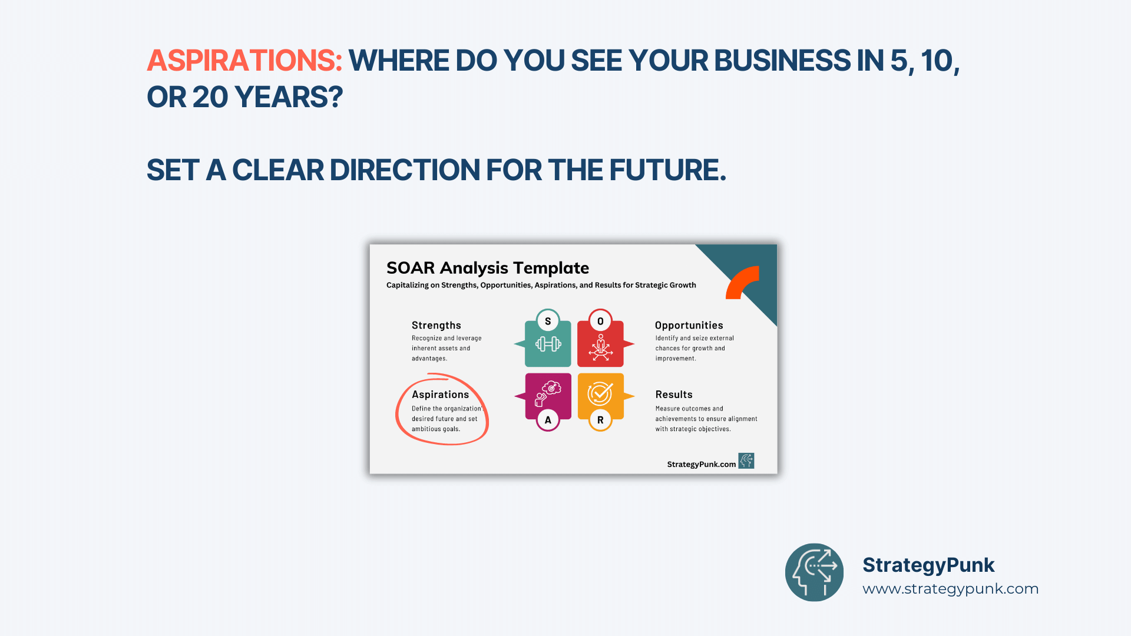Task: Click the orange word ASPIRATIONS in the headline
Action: (244, 61)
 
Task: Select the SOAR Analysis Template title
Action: (488, 268)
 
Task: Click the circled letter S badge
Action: (548, 321)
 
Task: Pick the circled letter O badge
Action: (600, 321)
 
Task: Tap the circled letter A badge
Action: (548, 420)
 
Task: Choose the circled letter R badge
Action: (600, 420)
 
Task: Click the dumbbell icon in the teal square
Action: (548, 344)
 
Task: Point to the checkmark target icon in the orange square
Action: (600, 393)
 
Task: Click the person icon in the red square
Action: (600, 347)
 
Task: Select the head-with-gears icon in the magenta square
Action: (548, 393)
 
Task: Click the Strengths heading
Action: (436, 325)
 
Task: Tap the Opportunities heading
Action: (689, 325)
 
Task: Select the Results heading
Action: (674, 395)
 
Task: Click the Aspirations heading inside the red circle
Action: (441, 395)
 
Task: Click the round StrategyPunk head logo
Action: (814, 572)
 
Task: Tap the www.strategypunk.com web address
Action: (951, 589)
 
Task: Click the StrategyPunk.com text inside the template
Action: (702, 465)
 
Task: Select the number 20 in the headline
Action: (210, 97)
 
